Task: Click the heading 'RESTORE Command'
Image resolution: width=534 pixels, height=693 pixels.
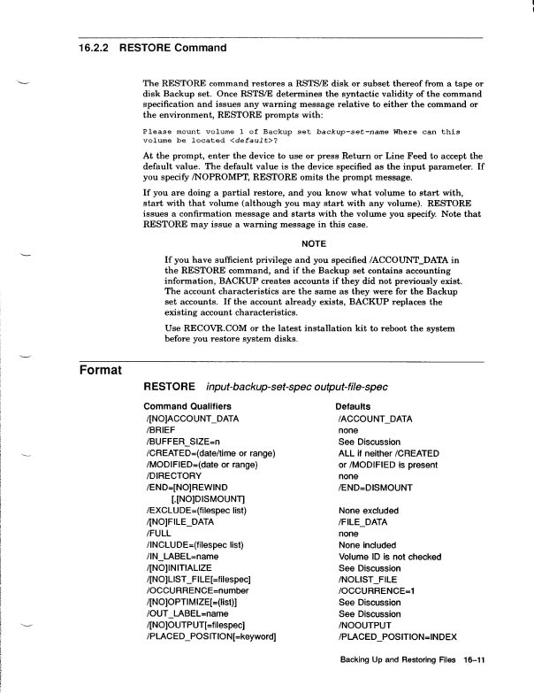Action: [x=172, y=48]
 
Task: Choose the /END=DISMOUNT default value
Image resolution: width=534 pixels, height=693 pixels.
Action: [x=375, y=487]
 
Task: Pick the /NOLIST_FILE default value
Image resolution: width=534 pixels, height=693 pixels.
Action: [x=371, y=579]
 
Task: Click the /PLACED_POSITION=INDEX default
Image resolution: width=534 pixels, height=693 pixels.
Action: [x=400, y=636]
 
